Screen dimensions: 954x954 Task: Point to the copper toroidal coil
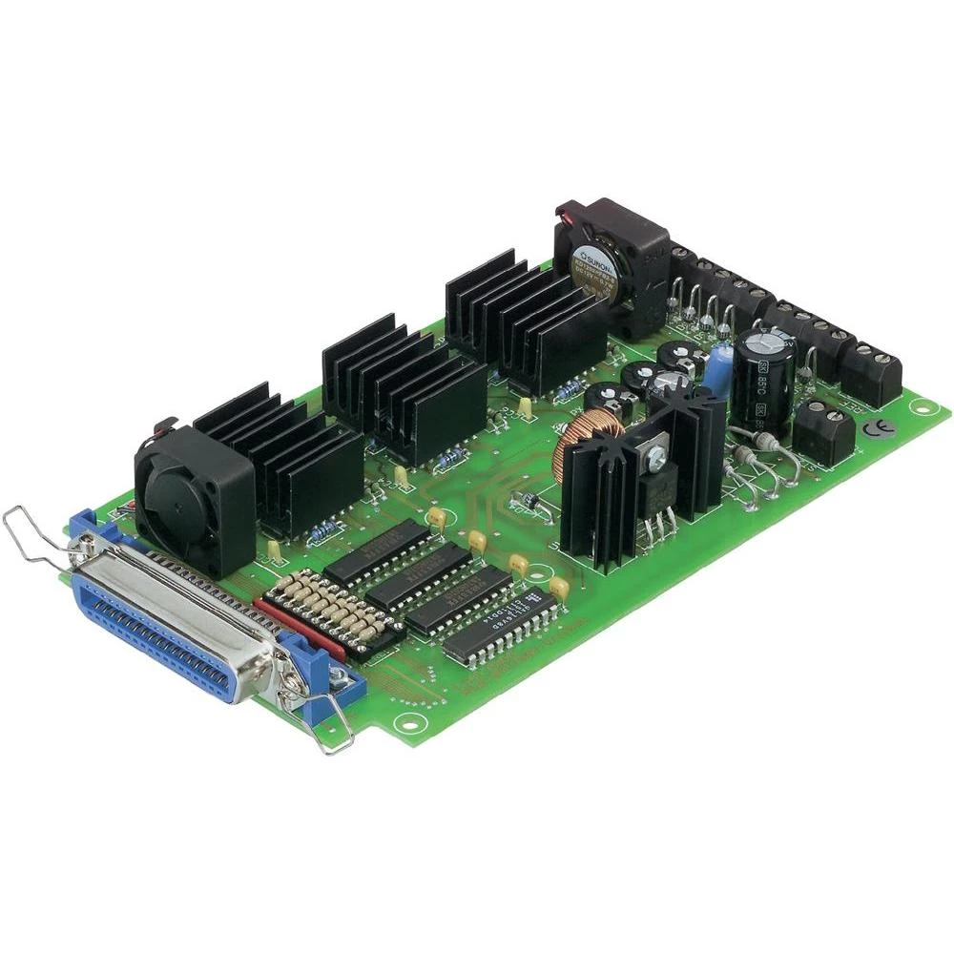pos(575,446)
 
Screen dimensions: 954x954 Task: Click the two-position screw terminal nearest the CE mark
pos(824,429)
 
